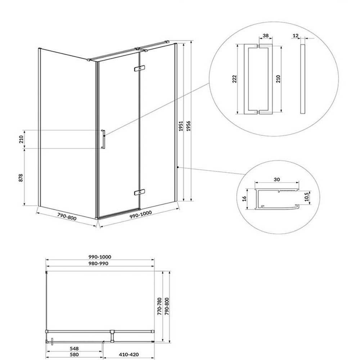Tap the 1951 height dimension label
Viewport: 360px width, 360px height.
(x=181, y=126)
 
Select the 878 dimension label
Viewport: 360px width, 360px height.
(x=21, y=178)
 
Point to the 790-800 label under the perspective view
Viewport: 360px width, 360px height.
(x=67, y=217)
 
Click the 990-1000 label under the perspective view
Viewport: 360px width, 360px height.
(x=140, y=216)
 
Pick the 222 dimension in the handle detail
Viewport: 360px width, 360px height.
(x=235, y=79)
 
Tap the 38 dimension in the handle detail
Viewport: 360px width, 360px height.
(x=266, y=36)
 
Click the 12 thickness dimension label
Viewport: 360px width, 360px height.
(x=296, y=36)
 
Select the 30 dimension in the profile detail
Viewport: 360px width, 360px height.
(x=277, y=180)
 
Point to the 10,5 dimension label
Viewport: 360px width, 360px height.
(x=307, y=197)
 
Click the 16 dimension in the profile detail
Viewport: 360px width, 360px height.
(x=245, y=199)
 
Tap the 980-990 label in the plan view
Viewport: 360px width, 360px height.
(x=98, y=264)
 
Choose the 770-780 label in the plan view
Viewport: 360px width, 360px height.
(x=160, y=306)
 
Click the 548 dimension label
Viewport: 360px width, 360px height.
(x=74, y=349)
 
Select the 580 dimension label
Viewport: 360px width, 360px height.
(x=74, y=355)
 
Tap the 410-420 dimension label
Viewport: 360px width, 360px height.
(x=129, y=355)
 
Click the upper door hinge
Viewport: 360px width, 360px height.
(x=140, y=68)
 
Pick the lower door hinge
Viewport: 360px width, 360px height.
(x=140, y=192)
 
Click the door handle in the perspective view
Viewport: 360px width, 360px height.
(x=103, y=139)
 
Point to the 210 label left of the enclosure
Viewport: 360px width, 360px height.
(x=21, y=139)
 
